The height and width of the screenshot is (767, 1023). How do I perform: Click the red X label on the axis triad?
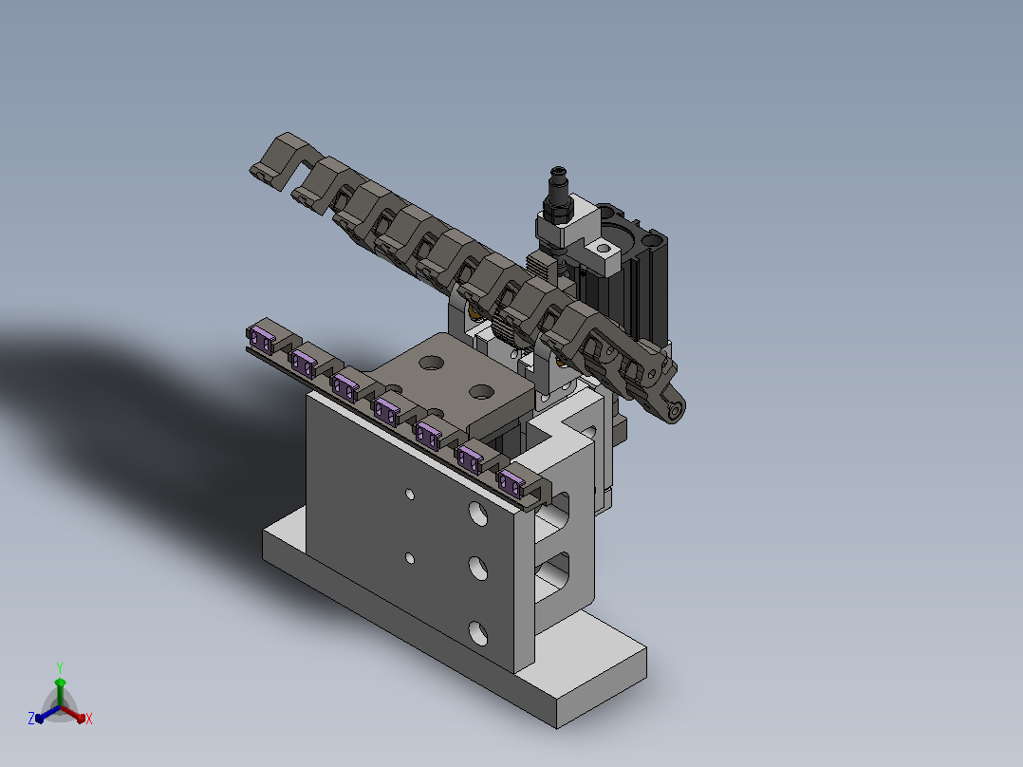click(x=89, y=719)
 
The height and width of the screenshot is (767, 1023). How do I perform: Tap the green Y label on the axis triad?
click(x=60, y=667)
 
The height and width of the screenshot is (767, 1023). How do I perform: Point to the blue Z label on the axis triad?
click(x=31, y=719)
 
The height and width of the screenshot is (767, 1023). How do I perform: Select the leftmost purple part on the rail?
click(x=262, y=340)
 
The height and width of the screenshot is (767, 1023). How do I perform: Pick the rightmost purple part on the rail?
click(x=511, y=483)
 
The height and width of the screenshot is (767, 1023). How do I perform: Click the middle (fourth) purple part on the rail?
click(x=385, y=412)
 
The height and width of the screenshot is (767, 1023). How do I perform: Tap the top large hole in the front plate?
click(x=478, y=514)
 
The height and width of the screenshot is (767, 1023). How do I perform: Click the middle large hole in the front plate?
click(x=478, y=568)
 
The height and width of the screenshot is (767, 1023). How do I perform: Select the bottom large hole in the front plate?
click(x=478, y=632)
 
